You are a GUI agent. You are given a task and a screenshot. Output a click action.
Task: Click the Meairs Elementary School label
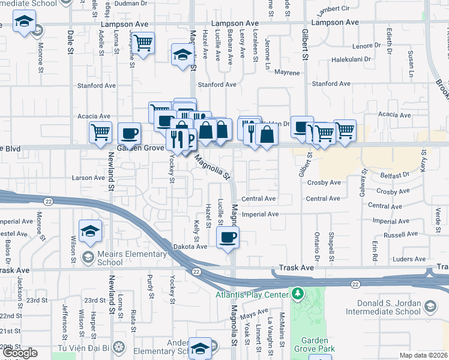click(x=131, y=258)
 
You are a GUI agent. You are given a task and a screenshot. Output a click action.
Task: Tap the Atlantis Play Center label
click(x=253, y=294)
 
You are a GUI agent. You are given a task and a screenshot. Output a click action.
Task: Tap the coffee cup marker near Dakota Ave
click(x=228, y=237)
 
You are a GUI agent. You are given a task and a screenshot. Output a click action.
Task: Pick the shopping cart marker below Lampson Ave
click(x=143, y=43)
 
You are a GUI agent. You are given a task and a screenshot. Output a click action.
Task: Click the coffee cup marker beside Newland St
click(x=129, y=133)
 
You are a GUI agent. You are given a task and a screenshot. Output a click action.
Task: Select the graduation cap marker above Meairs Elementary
click(x=90, y=231)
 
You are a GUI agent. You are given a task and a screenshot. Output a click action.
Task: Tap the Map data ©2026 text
click(x=424, y=355)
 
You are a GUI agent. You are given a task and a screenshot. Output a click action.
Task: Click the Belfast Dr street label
click(x=394, y=175)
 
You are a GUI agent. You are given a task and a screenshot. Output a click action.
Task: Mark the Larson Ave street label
click(x=88, y=178)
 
